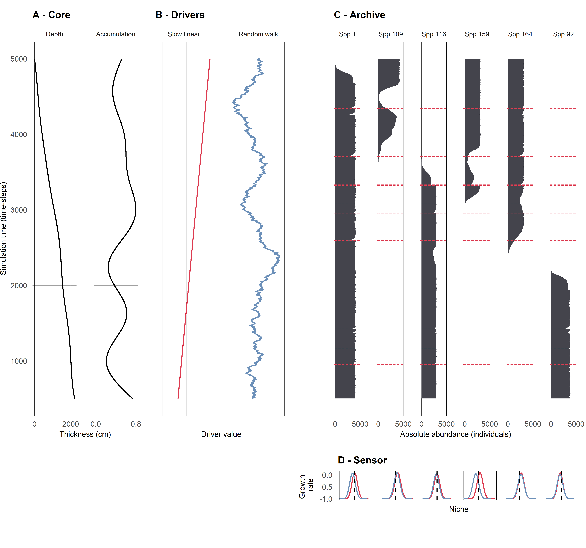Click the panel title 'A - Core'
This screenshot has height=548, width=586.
[51, 15]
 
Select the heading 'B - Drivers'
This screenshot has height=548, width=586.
[180, 15]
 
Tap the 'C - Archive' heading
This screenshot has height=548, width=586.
[359, 15]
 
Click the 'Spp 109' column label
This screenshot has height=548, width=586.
[391, 34]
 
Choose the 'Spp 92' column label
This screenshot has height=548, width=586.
[563, 34]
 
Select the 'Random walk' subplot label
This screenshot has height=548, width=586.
[258, 34]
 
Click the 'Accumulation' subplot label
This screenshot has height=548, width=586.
[116, 34]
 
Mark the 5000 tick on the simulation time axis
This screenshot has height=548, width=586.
[19, 59]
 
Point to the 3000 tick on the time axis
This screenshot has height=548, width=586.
[19, 210]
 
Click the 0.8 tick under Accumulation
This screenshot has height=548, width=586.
[136, 424]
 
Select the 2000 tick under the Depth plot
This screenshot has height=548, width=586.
[71, 424]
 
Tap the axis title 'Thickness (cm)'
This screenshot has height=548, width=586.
[85, 434]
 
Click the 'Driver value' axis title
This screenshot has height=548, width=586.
[221, 434]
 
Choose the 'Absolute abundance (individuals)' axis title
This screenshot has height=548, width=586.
[455, 434]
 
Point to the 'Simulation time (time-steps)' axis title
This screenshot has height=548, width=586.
[4, 229]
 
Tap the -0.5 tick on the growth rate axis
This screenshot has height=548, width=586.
[326, 487]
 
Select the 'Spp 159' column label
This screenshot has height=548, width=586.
[477, 34]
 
